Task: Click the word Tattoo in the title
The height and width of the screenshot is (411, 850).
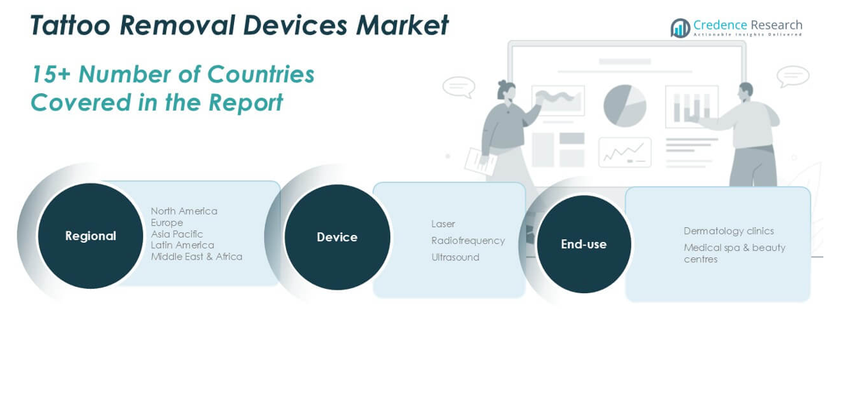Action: pos(70,25)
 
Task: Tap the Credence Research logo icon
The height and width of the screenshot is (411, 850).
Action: pos(680,28)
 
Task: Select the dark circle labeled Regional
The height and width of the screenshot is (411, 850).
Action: pos(90,236)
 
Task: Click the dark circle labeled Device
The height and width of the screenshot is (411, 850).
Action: pos(337,237)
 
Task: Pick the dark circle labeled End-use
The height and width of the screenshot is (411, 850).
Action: pos(584,244)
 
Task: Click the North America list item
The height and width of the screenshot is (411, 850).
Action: pos(184,211)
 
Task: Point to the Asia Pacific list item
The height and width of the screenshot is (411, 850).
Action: pos(177,234)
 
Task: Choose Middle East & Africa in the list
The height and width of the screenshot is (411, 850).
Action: pos(197,257)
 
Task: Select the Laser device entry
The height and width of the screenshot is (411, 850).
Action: pos(443,224)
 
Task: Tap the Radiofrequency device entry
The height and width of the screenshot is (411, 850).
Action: pos(468,241)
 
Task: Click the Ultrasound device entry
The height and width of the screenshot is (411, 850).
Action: pos(455,257)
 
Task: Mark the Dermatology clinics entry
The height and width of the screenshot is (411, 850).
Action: pos(729,231)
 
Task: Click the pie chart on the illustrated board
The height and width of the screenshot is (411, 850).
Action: pos(624,106)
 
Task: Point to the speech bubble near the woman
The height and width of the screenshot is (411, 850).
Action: pos(459,86)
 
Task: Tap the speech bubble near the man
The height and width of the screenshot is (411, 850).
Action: pos(793,76)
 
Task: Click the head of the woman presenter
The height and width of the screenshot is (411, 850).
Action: pos(507,90)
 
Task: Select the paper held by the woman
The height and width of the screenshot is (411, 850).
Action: pos(481,162)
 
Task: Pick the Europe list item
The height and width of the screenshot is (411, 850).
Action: pos(167,222)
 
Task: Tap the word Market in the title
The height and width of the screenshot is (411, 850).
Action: pos(402,25)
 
